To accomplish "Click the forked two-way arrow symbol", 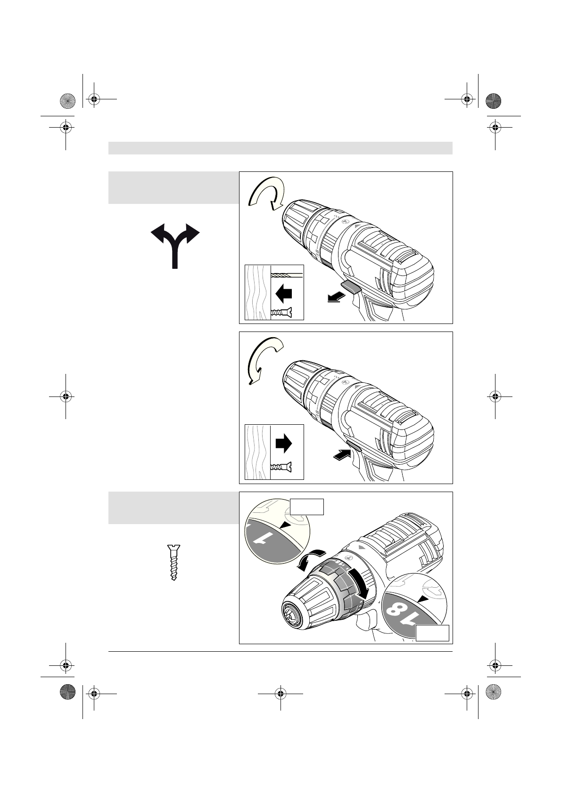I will pos(175,245).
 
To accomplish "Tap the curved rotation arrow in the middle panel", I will pos(264,360).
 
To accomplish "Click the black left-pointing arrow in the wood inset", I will pos(283,294).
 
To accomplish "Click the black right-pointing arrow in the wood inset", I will pos(283,443).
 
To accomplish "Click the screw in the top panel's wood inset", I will pos(281,312).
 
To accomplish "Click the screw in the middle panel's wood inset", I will pos(281,467).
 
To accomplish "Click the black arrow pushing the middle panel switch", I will pos(340,454).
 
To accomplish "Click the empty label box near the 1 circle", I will pos(306,507).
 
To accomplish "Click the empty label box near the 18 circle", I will pos(432,633).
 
